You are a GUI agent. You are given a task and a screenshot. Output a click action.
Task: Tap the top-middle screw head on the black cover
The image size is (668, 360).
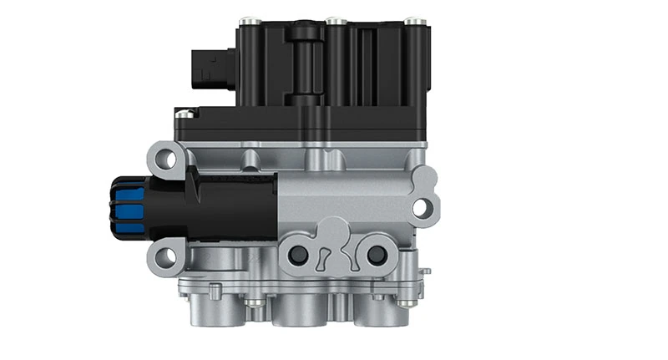pyautogui.click(x=333, y=19)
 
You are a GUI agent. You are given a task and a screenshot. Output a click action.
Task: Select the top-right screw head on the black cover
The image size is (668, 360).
pyautogui.click(x=410, y=19)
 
